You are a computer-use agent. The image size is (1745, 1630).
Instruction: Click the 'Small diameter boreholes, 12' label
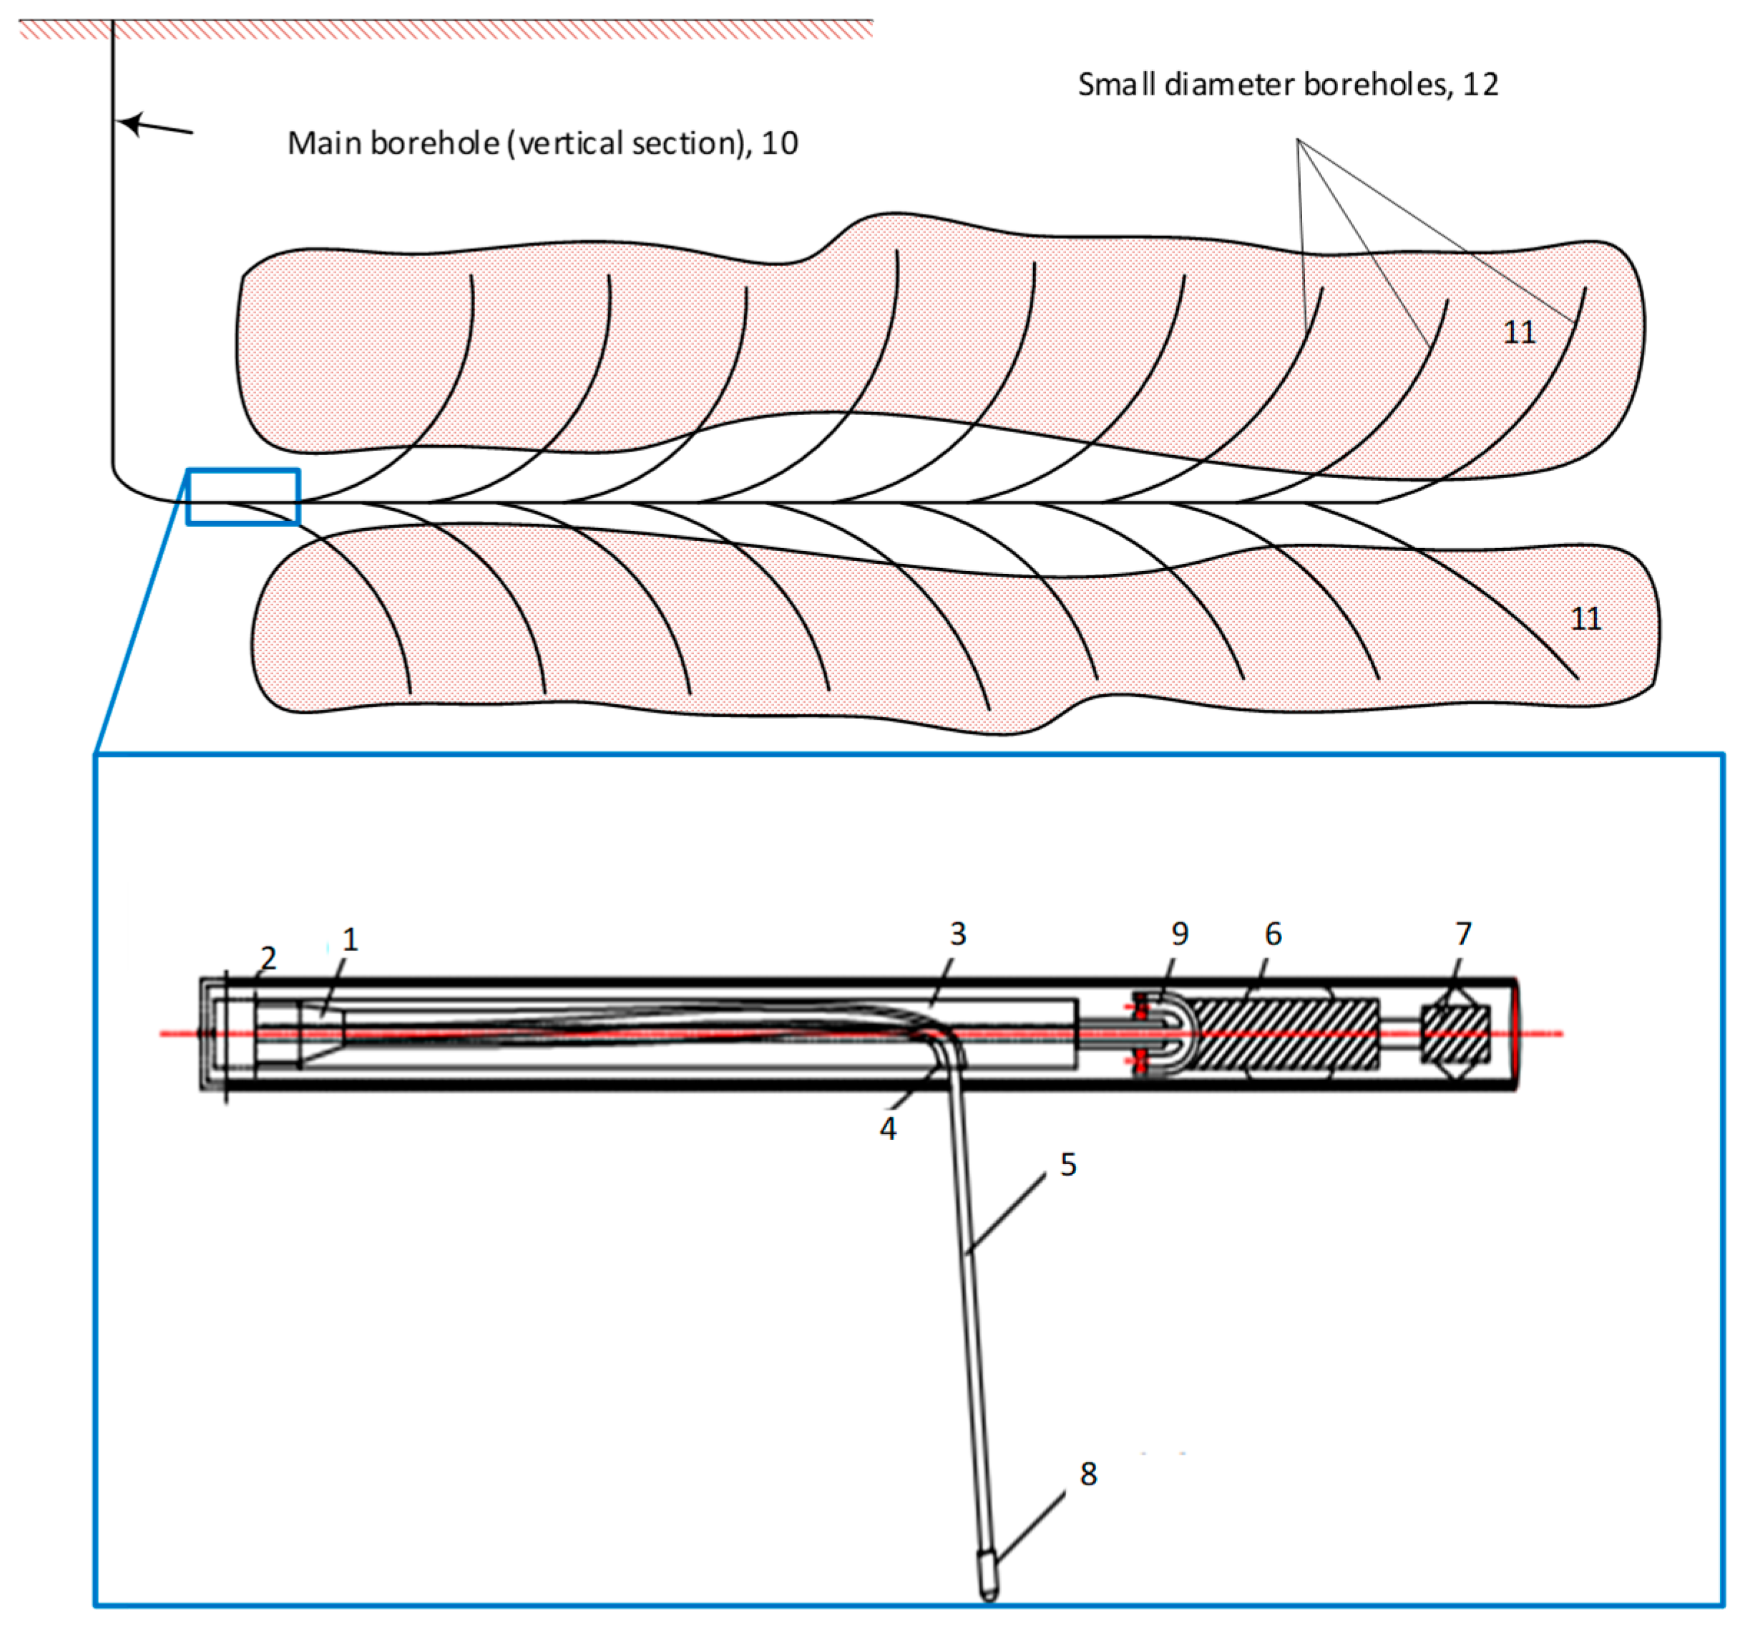click(x=1288, y=84)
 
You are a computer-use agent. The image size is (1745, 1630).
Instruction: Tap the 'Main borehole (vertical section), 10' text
click(x=542, y=143)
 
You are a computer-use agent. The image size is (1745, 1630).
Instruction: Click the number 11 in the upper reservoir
click(x=1520, y=333)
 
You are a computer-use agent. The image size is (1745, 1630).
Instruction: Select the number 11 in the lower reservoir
click(x=1585, y=619)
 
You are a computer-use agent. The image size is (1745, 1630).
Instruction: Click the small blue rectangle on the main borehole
click(x=243, y=497)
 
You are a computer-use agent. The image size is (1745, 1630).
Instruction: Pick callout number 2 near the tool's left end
click(x=268, y=957)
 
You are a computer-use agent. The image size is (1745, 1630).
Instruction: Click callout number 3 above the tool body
click(x=958, y=934)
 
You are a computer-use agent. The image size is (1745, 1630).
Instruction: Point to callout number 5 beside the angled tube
click(x=1068, y=1165)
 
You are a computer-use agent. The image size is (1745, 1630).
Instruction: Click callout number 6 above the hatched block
click(x=1273, y=934)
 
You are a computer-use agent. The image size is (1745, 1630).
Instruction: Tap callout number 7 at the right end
click(x=1463, y=933)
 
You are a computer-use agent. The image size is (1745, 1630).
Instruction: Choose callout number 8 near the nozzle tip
click(x=1088, y=1474)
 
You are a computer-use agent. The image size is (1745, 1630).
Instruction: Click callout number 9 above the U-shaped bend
click(x=1180, y=934)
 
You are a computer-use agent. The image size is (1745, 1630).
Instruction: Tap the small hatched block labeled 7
click(x=1455, y=1034)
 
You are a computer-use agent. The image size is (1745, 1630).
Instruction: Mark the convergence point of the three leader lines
click(x=1299, y=140)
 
